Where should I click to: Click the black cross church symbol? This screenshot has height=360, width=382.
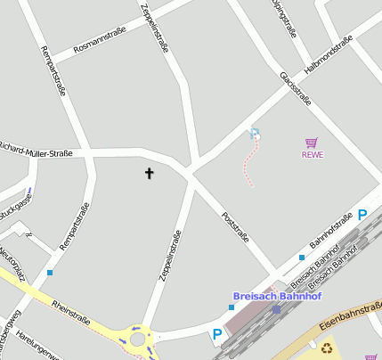click(149, 174)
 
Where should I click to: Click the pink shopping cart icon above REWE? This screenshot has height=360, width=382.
click(311, 143)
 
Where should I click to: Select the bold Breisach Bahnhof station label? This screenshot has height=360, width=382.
click(277, 296)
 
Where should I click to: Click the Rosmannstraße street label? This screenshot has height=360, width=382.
click(100, 40)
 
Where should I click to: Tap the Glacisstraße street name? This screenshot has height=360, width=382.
click(296, 89)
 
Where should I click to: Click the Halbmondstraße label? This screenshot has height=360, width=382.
click(329, 53)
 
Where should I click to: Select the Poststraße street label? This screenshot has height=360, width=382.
click(235, 226)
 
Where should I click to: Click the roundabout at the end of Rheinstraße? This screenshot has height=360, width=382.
click(137, 339)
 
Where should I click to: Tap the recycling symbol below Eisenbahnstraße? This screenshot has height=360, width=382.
click(327, 348)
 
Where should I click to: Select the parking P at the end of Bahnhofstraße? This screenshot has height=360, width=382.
click(362, 214)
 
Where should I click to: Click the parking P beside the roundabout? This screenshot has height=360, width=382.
click(216, 335)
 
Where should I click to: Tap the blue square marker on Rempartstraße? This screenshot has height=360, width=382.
click(50, 272)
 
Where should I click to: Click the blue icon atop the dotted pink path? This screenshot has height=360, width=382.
click(256, 134)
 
